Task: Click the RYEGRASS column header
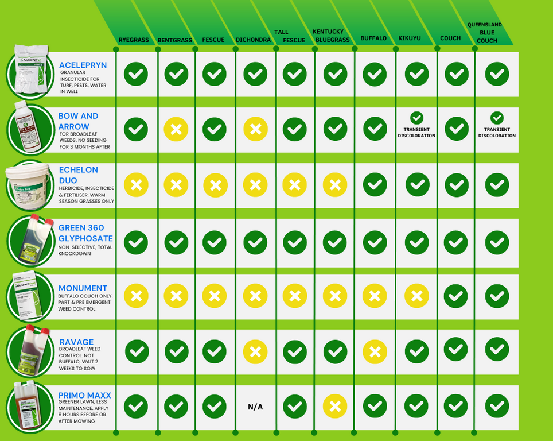(x=133, y=40)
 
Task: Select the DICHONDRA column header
(x=254, y=40)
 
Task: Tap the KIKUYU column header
(x=410, y=38)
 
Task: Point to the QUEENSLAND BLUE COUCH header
(x=485, y=33)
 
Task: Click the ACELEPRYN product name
(x=83, y=65)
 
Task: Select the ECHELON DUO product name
(x=78, y=175)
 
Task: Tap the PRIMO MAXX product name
(x=84, y=395)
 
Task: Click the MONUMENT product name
(x=83, y=288)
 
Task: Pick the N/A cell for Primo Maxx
(x=255, y=407)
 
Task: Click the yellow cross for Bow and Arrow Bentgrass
(x=176, y=130)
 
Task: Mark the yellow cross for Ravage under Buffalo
(x=375, y=351)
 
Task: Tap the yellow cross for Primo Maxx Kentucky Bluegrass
(x=335, y=407)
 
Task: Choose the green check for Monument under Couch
(x=456, y=296)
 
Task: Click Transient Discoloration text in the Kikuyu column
(x=416, y=133)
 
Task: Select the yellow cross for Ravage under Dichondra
(x=255, y=351)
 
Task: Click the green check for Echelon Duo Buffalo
(x=375, y=185)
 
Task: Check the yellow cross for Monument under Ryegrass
(x=136, y=296)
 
